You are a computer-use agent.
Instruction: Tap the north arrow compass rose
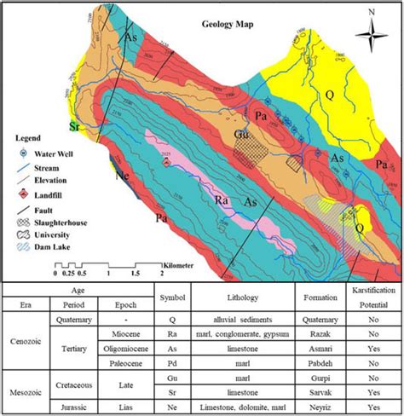[x=371, y=34]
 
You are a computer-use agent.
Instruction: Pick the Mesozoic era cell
[x=26, y=390]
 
